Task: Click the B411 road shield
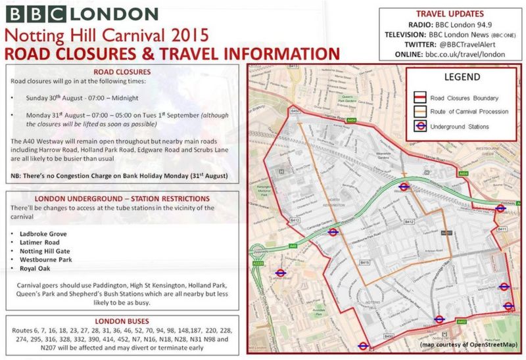(502, 229)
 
